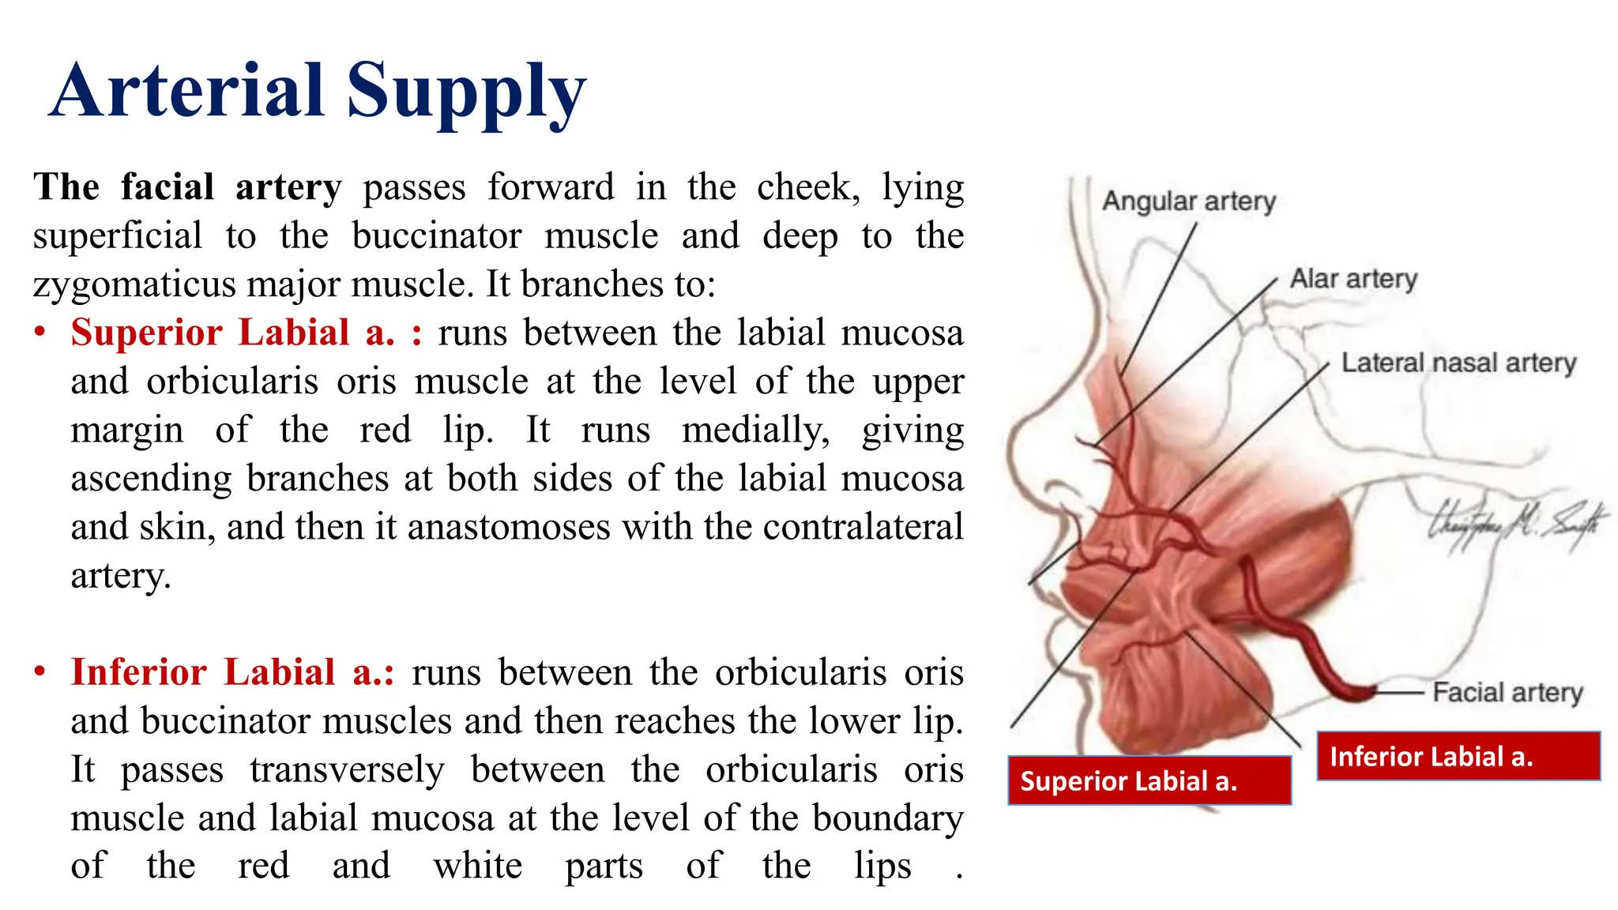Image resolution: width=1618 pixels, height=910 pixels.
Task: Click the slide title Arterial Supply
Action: [x=318, y=92]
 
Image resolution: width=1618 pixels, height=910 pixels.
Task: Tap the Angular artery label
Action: [x=1189, y=201]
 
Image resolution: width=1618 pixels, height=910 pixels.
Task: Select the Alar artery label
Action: [x=1353, y=279]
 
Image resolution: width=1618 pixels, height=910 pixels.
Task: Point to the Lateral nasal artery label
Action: [x=1458, y=363]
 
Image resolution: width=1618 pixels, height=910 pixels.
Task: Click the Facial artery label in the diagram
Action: [x=1507, y=693]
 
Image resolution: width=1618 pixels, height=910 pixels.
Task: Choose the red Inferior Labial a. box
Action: [x=1458, y=756]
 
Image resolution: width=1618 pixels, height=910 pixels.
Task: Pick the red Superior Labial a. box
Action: [x=1150, y=780]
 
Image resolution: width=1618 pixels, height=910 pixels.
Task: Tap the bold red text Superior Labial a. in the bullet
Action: [x=232, y=333]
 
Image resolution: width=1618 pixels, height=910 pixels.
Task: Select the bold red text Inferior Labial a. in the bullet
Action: [x=232, y=672]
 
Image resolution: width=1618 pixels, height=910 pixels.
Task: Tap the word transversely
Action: [x=348, y=769]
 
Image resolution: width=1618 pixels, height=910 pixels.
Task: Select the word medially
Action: [x=755, y=431]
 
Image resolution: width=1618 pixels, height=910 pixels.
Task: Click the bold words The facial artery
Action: [x=187, y=188]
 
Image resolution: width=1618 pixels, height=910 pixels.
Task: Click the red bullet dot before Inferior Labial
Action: [x=40, y=672]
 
